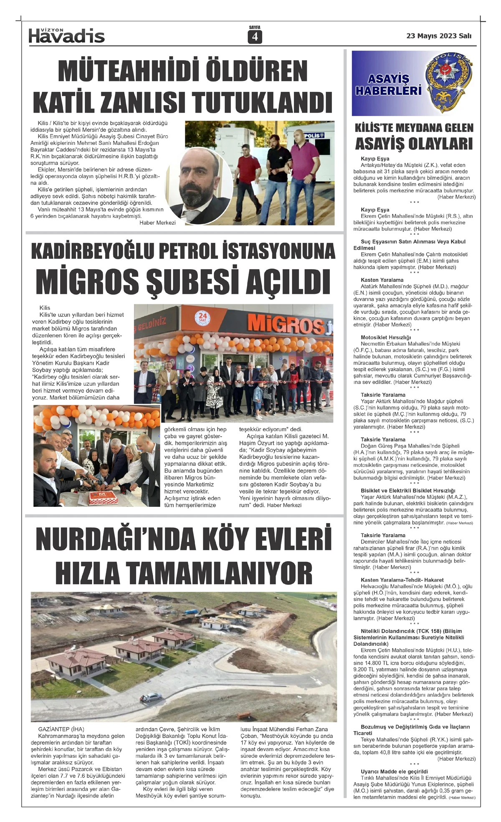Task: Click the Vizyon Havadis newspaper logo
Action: point(66,36)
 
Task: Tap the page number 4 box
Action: point(254,37)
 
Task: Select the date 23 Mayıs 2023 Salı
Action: point(438,36)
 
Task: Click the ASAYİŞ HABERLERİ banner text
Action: point(388,84)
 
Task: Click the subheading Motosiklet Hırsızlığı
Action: point(380,337)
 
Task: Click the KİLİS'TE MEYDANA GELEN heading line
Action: point(414,128)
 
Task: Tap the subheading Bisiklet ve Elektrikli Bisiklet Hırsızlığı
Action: point(408,491)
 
